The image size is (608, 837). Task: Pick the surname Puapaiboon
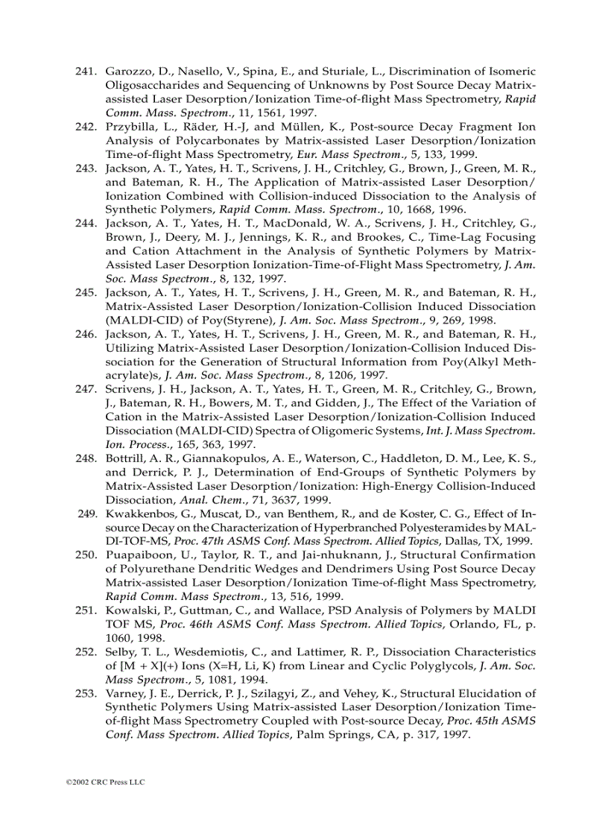[x=138, y=555]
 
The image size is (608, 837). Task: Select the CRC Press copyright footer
[x=105, y=782]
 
